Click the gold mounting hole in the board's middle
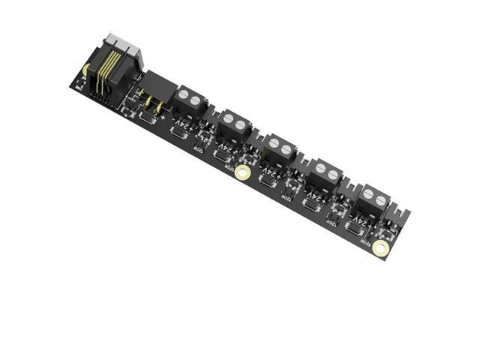(242, 173)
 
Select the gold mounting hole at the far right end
(381, 248)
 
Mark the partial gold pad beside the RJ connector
(85, 70)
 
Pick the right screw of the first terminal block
(196, 101)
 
